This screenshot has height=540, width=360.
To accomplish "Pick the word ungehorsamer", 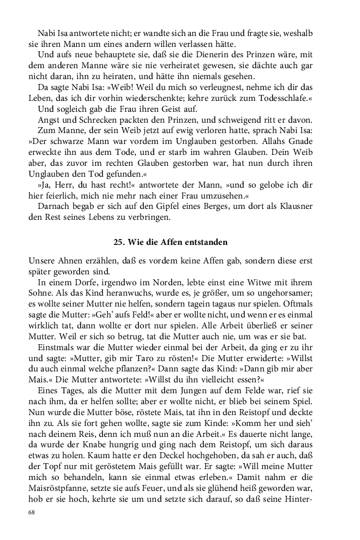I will (x=287, y=293).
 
